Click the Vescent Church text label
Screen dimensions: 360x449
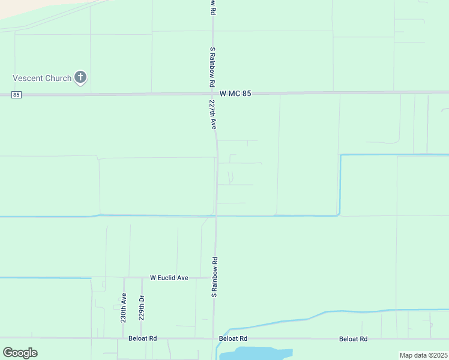(42, 78)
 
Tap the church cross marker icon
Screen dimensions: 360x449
(80, 77)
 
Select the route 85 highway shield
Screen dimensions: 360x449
(16, 95)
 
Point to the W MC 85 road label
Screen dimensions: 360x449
(235, 94)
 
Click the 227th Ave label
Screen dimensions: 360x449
(212, 115)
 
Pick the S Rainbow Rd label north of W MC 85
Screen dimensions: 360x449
(212, 68)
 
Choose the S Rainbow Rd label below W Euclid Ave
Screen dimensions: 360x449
(214, 277)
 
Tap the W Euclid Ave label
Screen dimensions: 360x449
(169, 278)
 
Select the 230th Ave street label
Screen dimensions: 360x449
(124, 307)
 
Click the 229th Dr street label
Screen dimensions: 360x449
(142, 307)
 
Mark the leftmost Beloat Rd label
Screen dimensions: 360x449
(142, 338)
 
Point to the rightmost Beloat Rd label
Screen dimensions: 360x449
(353, 338)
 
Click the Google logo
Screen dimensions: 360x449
(20, 353)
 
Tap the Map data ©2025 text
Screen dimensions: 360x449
(423, 355)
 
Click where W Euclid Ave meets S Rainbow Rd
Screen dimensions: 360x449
(215, 278)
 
